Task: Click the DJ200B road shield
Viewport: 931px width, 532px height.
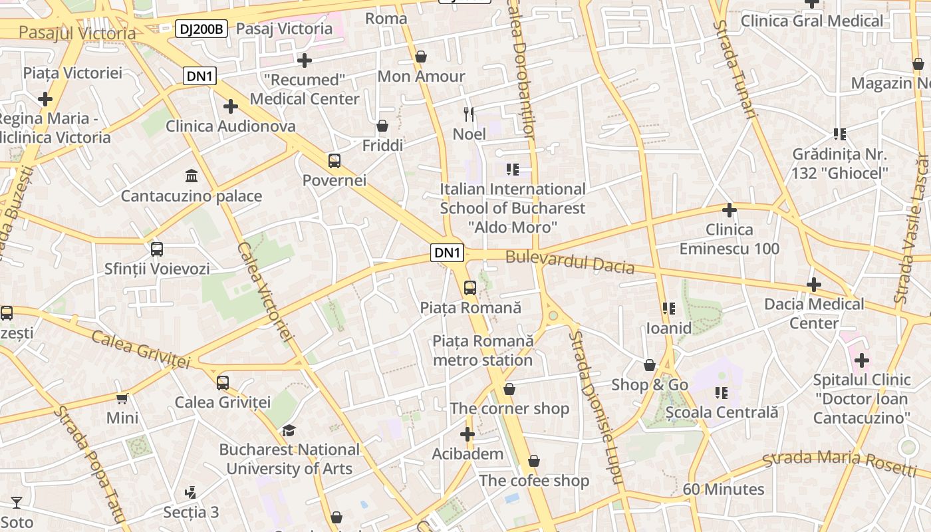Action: pyautogui.click(x=202, y=29)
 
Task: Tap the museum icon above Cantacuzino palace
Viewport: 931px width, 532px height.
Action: pyautogui.click(x=192, y=176)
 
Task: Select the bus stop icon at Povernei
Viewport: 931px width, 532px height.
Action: pyautogui.click(x=334, y=160)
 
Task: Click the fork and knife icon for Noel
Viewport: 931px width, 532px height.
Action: pyautogui.click(x=469, y=114)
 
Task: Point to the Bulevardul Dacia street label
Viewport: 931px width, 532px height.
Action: pyautogui.click(x=570, y=262)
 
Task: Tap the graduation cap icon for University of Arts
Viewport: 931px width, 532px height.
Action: pyautogui.click(x=289, y=430)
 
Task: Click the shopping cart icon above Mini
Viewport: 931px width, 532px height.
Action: pyautogui.click(x=122, y=398)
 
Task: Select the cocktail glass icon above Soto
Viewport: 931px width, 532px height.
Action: pyautogui.click(x=17, y=503)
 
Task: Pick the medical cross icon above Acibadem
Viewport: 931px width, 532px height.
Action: pyautogui.click(x=467, y=434)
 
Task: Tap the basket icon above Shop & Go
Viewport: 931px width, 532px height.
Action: pyautogui.click(x=650, y=365)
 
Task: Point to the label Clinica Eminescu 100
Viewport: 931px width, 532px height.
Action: pyautogui.click(x=730, y=239)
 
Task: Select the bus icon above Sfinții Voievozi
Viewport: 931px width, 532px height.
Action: pyautogui.click(x=157, y=249)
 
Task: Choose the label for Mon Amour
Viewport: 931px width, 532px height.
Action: pyautogui.click(x=421, y=76)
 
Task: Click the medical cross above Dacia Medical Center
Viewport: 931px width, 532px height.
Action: pyautogui.click(x=814, y=285)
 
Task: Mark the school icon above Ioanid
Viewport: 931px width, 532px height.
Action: pyautogui.click(x=669, y=309)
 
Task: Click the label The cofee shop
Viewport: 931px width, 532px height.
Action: pyautogui.click(x=534, y=480)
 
